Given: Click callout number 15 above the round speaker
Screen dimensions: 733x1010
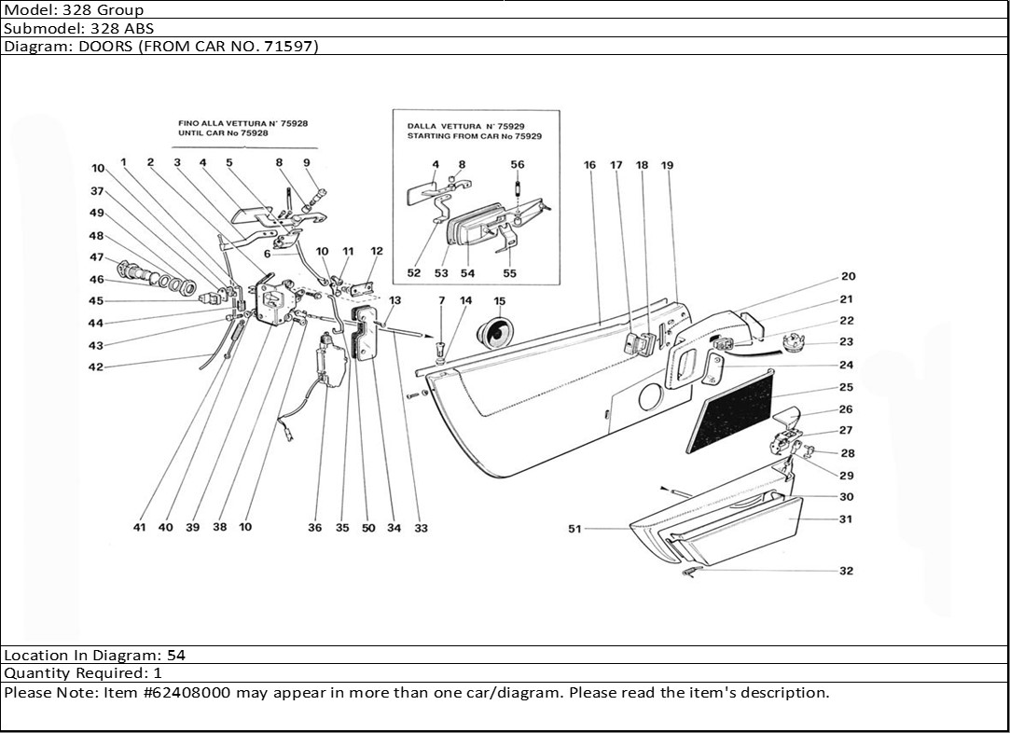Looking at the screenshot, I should [x=500, y=301].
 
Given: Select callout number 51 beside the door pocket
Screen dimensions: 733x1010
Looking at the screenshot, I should [x=574, y=530].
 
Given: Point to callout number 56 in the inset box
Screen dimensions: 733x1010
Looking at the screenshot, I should [x=518, y=165].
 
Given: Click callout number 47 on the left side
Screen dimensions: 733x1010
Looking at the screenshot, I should [x=97, y=257].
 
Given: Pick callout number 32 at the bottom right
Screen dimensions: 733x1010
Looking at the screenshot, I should [x=846, y=571].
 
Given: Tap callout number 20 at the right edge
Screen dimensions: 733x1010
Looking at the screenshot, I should [x=848, y=276].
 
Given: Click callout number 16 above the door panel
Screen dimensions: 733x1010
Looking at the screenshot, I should [x=590, y=165].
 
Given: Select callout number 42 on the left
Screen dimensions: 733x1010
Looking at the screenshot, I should [x=96, y=367].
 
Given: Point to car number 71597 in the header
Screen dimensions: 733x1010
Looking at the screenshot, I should [x=287, y=46].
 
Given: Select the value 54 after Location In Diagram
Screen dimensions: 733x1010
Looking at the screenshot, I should [x=176, y=656].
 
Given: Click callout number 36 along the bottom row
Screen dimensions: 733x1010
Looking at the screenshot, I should [x=315, y=528].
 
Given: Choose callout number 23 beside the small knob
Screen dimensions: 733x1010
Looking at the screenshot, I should [x=846, y=342].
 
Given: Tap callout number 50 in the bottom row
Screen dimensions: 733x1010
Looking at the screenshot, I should [x=368, y=528].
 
